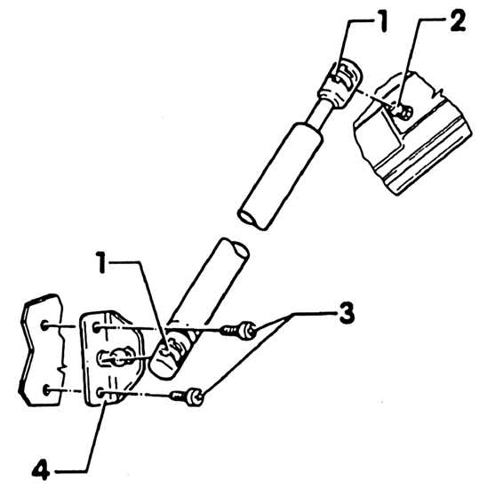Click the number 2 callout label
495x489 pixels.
click(458, 20)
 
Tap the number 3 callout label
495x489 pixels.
click(347, 313)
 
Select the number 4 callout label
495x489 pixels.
click(41, 469)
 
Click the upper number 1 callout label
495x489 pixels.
click(383, 20)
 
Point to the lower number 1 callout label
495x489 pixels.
click(101, 262)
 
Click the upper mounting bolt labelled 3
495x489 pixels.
click(239, 331)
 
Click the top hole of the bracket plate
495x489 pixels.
click(97, 328)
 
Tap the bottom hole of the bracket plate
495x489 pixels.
click(100, 393)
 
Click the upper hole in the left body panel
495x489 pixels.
click(44, 325)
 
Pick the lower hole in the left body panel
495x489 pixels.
click(47, 389)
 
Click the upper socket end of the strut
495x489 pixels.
click(341, 81)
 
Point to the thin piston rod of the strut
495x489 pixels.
click(318, 113)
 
